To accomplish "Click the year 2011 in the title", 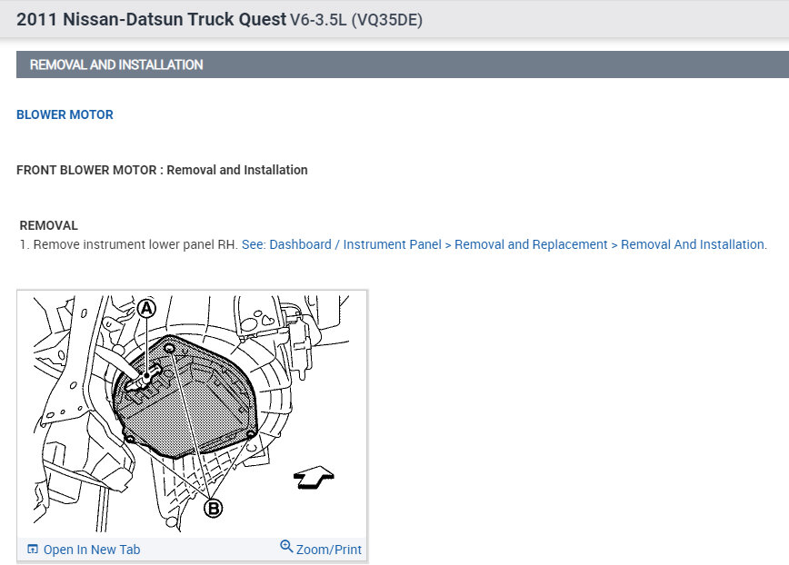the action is click(x=36, y=20).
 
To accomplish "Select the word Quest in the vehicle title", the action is click(x=262, y=20).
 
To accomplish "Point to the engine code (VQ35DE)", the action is click(x=387, y=20).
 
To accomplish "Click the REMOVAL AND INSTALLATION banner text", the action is click(x=116, y=64).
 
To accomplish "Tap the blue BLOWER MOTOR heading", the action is click(x=65, y=114).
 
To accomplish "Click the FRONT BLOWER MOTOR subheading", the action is click(x=86, y=170).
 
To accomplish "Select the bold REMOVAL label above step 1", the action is click(x=49, y=225).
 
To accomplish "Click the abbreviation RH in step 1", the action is click(x=227, y=244).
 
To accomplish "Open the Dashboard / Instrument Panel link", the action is click(x=355, y=244).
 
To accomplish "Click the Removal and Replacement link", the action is click(x=531, y=244).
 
